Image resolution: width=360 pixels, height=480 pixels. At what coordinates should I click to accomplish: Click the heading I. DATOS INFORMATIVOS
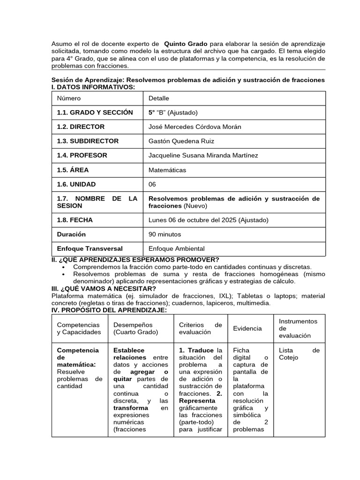click(x=93, y=87)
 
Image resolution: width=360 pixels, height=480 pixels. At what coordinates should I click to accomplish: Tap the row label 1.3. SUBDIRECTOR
click(x=88, y=141)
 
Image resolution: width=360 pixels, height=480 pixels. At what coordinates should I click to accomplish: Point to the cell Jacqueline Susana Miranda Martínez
click(x=203, y=155)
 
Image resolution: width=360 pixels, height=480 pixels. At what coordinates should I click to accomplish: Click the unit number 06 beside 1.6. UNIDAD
click(x=152, y=184)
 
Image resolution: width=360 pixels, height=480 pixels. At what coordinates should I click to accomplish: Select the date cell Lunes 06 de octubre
click(x=202, y=220)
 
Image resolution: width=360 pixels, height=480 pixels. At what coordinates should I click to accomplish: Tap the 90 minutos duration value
click(x=165, y=234)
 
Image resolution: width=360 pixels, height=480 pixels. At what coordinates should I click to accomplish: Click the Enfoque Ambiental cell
click(x=176, y=249)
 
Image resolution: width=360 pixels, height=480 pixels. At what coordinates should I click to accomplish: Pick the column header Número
click(x=69, y=98)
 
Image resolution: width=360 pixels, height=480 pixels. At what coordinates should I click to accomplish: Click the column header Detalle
click(x=159, y=98)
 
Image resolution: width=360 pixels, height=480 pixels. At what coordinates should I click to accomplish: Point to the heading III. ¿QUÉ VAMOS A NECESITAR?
click(x=104, y=288)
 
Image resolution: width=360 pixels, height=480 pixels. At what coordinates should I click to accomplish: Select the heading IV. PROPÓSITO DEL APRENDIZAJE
click(x=108, y=310)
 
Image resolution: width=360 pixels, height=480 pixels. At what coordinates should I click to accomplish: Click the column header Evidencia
click(x=247, y=329)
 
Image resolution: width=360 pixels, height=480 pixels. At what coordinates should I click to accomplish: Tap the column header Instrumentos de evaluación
click(x=298, y=328)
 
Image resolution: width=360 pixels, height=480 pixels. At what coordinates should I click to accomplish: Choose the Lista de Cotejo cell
click(x=299, y=354)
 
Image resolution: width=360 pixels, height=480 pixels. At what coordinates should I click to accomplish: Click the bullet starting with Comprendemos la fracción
click(x=192, y=267)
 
